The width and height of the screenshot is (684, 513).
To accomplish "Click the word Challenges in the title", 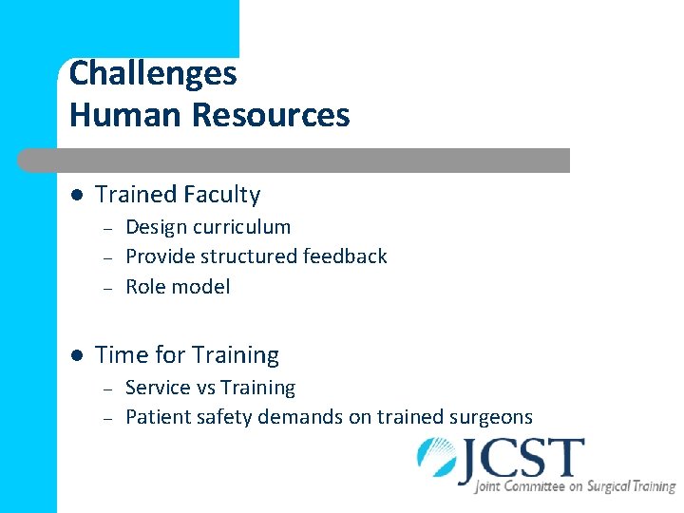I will coord(153,73).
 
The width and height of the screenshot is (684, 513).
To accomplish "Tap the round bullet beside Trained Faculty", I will coord(76,195).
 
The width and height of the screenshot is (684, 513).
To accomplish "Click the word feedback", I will coord(346,256).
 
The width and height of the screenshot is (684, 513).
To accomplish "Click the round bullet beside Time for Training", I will coord(76,355).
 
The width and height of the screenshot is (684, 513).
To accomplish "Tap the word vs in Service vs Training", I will coord(203,388).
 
